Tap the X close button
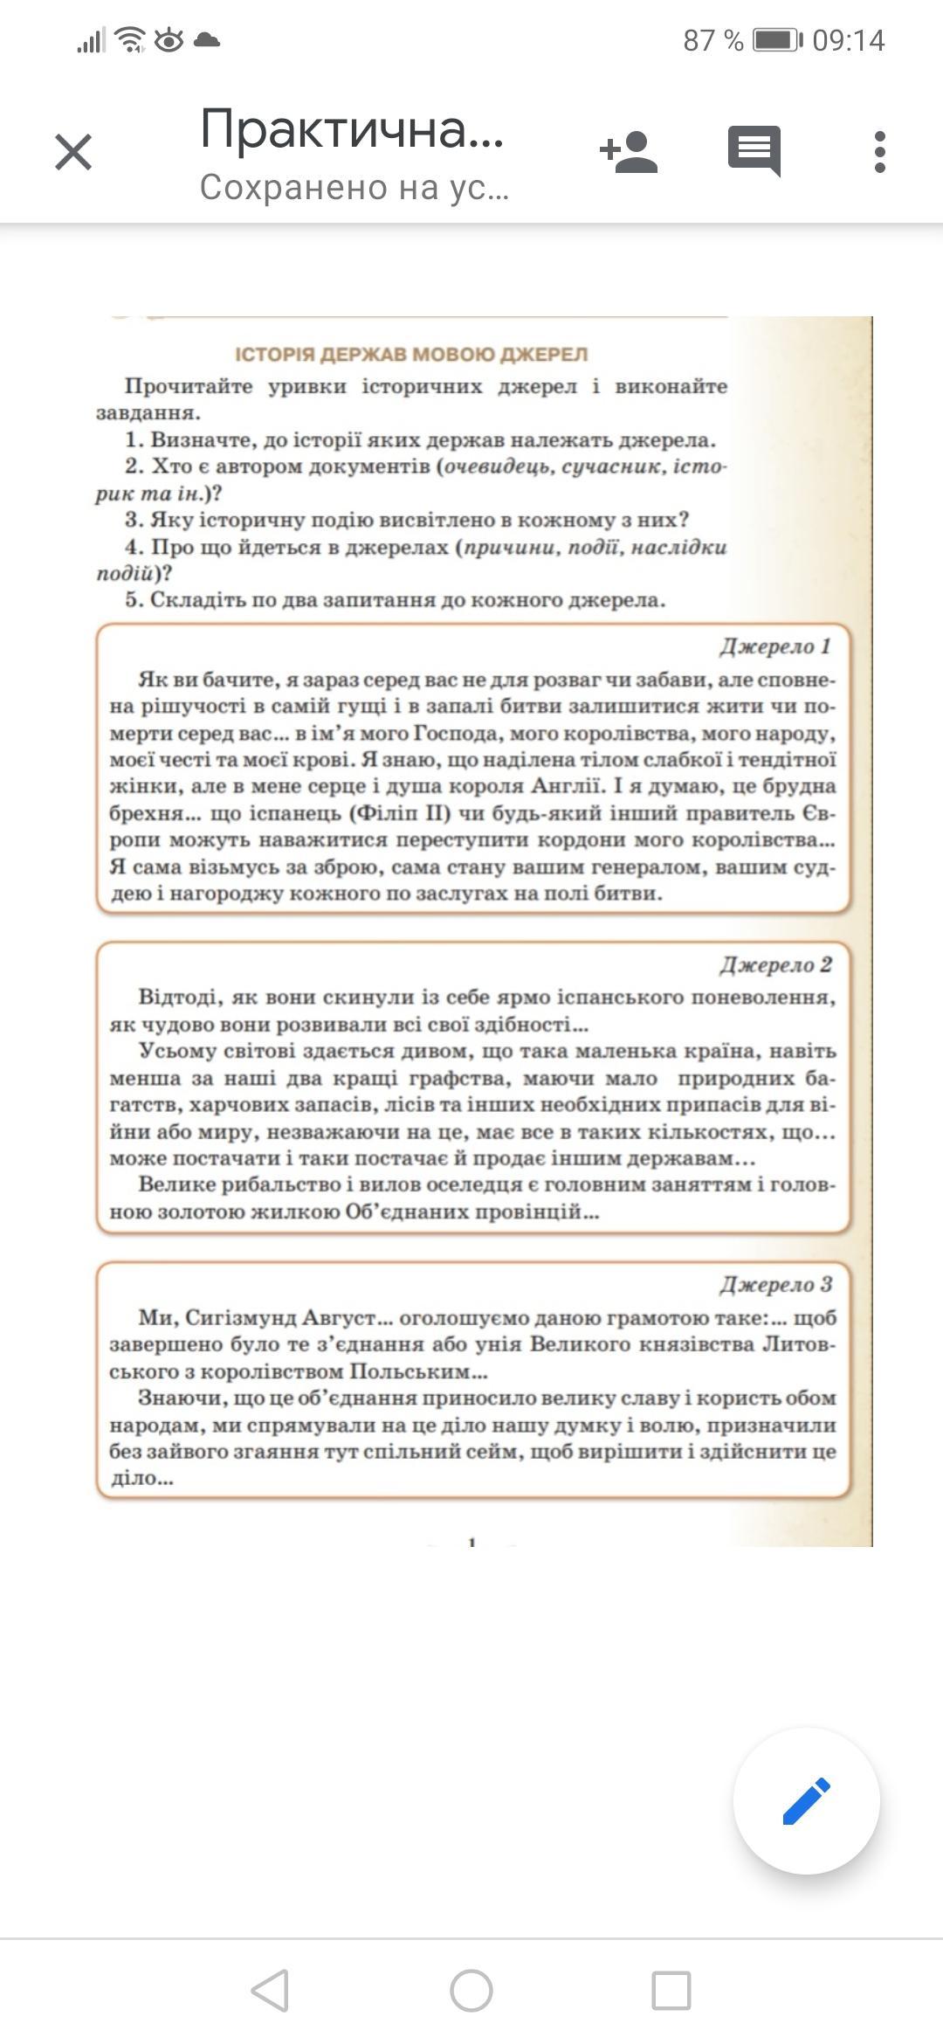73,152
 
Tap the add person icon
629,152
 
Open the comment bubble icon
754,150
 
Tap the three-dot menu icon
879,152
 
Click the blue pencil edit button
806,1800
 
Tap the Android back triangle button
270,1991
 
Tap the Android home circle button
471,1991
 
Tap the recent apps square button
671,1991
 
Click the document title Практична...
351,129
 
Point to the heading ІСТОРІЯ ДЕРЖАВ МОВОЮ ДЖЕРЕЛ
411,355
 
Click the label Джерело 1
775,646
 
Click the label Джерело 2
775,965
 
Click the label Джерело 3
775,1284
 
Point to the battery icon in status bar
776,40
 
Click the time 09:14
848,40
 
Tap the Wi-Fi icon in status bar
131,39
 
